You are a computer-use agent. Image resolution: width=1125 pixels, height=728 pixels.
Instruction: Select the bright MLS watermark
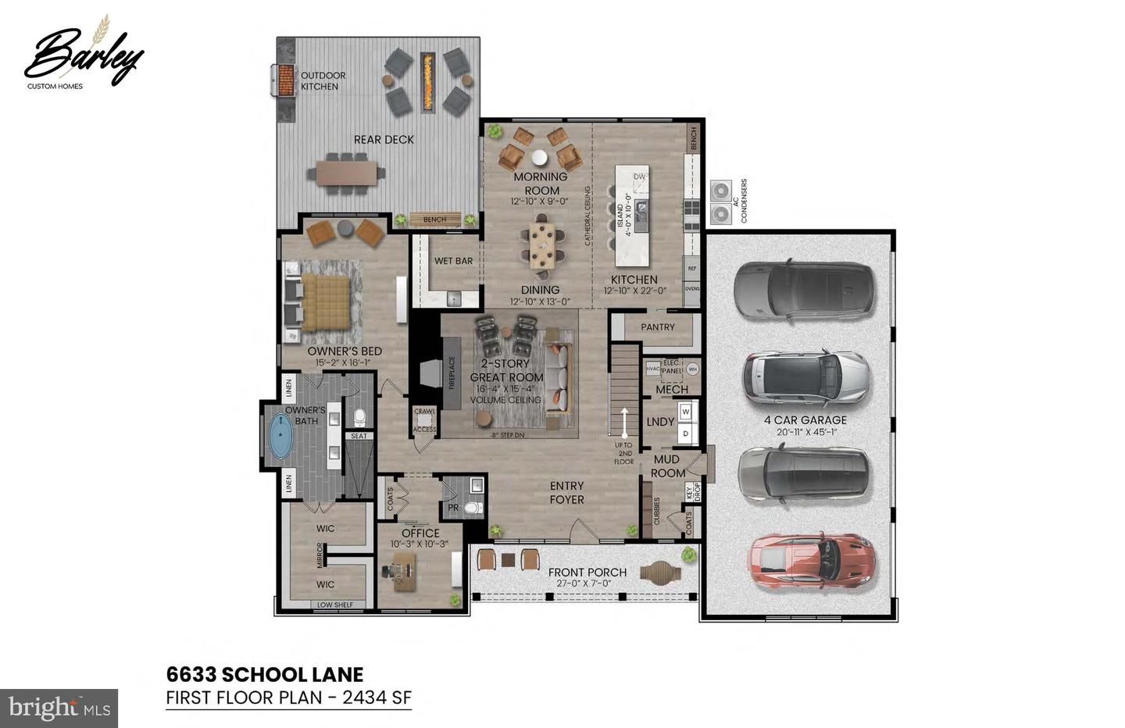pyautogui.click(x=59, y=708)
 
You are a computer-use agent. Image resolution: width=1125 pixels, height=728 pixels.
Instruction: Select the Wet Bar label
pyautogui.click(x=453, y=261)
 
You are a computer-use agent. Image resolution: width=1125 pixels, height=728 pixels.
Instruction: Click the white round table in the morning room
pyautogui.click(x=540, y=156)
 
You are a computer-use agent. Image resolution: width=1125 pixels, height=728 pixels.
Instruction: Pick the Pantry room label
pyautogui.click(x=657, y=327)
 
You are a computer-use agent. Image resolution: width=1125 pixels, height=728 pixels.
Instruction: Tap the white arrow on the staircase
pyautogui.click(x=623, y=421)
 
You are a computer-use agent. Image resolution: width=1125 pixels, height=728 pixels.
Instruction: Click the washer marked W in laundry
pyautogui.click(x=686, y=411)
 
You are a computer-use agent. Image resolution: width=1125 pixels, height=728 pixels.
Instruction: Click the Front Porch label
pyautogui.click(x=587, y=573)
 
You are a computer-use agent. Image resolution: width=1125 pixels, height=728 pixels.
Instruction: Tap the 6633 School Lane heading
pyautogui.click(x=265, y=674)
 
